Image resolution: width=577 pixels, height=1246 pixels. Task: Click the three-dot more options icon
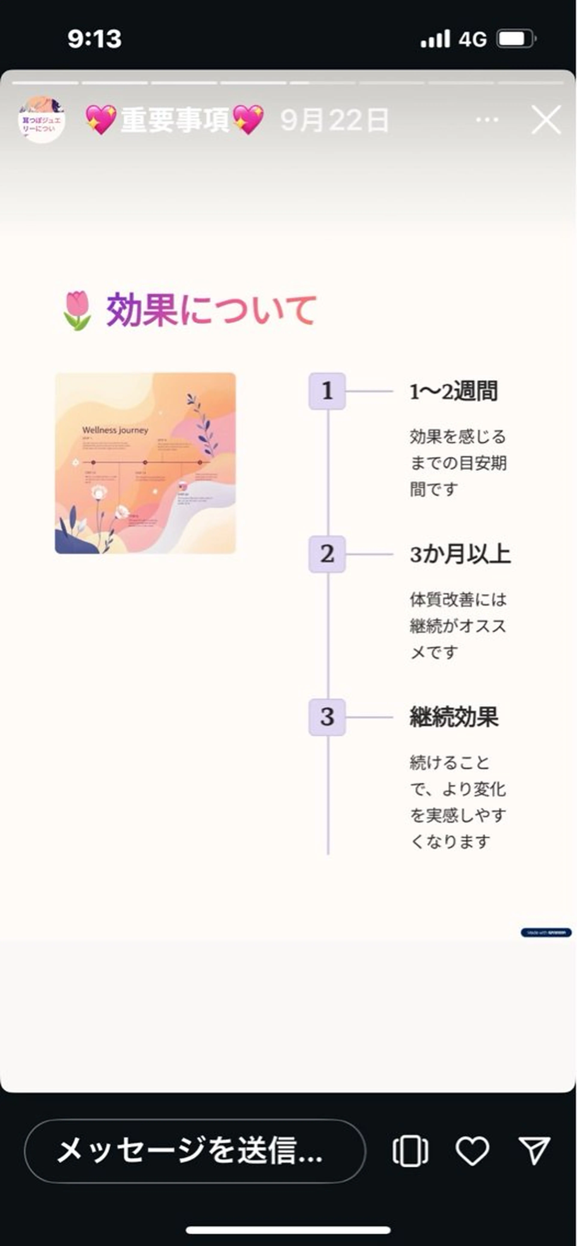tap(487, 119)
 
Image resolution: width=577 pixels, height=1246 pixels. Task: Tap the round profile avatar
tap(42, 119)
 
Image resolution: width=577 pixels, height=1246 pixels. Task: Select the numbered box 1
tap(327, 391)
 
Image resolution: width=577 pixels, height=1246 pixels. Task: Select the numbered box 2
tap(327, 554)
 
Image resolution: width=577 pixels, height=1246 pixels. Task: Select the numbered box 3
tap(327, 717)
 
